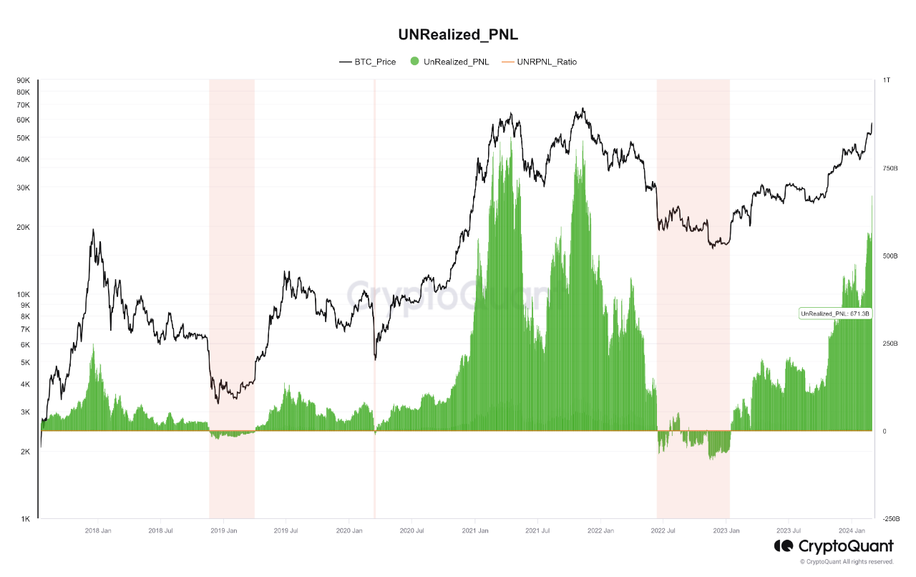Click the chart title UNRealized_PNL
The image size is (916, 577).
pos(457,34)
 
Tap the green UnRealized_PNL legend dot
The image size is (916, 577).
pos(414,62)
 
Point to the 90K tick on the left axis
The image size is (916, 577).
pos(22,80)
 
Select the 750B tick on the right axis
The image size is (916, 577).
pos(889,168)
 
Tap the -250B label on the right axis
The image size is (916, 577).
pos(890,518)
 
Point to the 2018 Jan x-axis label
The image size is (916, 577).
pos(97,530)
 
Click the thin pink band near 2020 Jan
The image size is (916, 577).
pos(375,286)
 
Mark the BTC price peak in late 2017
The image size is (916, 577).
pos(93,230)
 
